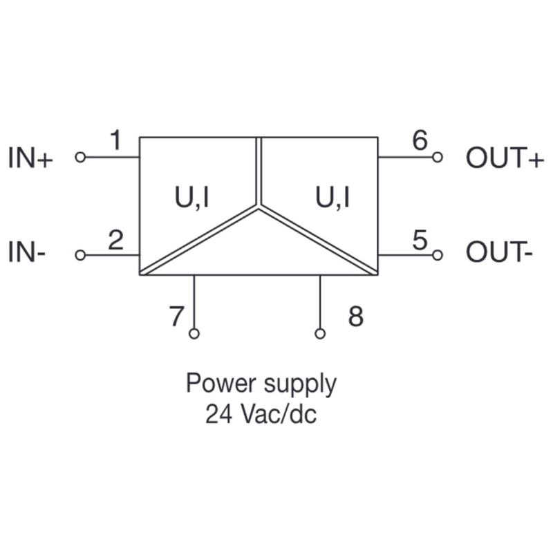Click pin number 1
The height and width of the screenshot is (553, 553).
coord(116,141)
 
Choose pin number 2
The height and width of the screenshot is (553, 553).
coord(116,240)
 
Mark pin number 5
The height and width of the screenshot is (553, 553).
coord(420,240)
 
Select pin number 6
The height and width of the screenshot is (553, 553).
coord(420,140)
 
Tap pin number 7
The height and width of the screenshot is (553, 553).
coord(178,317)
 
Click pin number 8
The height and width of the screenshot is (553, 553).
coord(355,317)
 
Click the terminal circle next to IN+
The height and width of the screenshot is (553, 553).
coord(80,158)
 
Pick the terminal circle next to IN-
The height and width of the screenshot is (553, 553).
coord(80,255)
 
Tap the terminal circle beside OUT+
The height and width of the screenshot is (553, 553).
coord(437,158)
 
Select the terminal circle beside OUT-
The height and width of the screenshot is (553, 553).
coord(437,255)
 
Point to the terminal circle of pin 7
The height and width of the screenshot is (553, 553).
coord(194,334)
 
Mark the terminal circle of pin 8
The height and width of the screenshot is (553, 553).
coord(320,334)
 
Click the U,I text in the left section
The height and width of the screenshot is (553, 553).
coord(190,198)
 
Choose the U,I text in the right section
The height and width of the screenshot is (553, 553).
coord(332,198)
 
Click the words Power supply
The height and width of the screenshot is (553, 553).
coord(261,384)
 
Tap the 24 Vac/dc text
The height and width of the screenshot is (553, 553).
coord(261,415)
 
